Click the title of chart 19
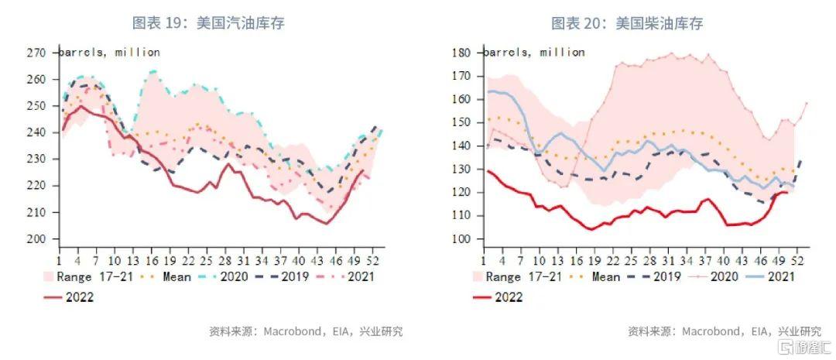tap(209, 23)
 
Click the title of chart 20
tap(627, 23)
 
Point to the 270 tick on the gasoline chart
tap(36, 53)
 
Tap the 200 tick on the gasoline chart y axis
tap(36, 238)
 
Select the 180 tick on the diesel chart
tap(461, 53)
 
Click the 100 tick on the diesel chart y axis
tap(461, 238)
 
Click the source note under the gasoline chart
tap(305, 331)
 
